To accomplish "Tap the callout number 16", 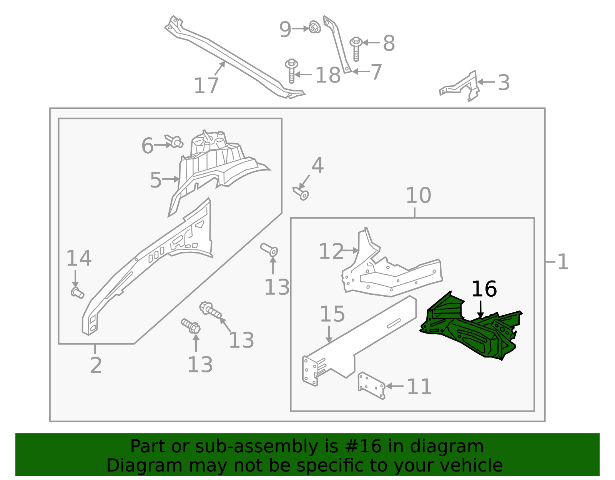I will (x=484, y=289).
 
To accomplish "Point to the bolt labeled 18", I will (x=292, y=71).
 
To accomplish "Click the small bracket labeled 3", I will (x=461, y=86).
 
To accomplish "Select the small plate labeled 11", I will (x=371, y=385).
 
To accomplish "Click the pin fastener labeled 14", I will (x=77, y=293).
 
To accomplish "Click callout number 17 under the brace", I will (x=206, y=85).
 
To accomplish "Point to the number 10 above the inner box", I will (x=418, y=196).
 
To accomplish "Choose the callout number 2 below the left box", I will (x=96, y=365).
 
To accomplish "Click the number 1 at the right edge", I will (x=563, y=262).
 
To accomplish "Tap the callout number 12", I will (x=331, y=252).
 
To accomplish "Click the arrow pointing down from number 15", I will (x=329, y=334).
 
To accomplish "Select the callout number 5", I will (x=155, y=180).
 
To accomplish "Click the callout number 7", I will (x=376, y=72).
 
